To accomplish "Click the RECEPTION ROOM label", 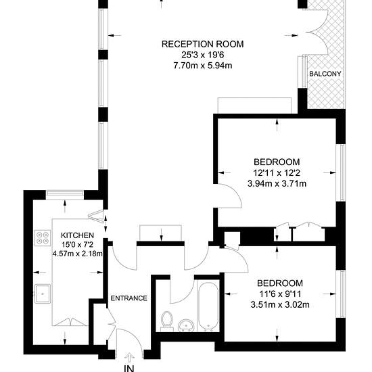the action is [203, 44].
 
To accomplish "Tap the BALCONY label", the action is [325, 74].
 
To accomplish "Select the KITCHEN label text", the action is [77, 235].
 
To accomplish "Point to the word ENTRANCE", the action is [129, 298].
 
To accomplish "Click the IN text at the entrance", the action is [129, 369].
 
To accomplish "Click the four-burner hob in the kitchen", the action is [43, 238].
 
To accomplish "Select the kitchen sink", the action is [43, 294].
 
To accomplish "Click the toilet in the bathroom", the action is [167, 321].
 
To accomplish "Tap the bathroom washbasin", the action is [186, 325].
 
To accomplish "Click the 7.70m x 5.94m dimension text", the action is [203, 65].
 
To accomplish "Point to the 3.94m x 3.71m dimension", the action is [277, 183].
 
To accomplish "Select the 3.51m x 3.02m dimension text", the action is [280, 304].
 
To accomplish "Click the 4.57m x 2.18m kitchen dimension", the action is [78, 254].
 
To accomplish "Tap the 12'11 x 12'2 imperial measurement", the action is [277, 173].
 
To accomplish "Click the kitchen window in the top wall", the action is [65, 194].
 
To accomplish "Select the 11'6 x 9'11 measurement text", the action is [280, 294].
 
